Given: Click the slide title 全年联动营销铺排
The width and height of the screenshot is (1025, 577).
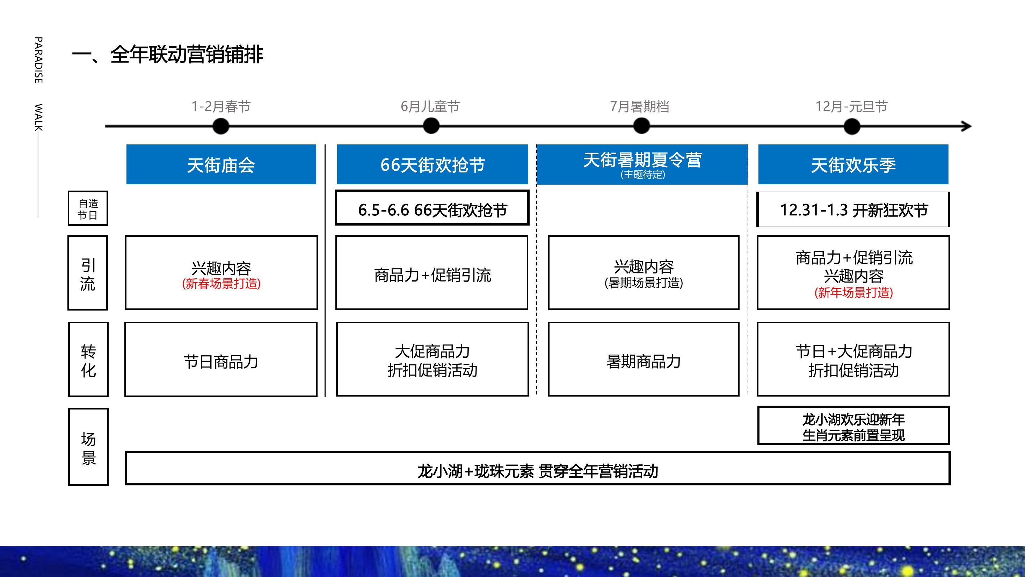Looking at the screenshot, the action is click(x=187, y=55).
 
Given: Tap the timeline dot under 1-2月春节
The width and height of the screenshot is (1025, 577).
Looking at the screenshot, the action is click(x=221, y=126).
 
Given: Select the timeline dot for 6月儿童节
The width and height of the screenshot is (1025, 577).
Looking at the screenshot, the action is click(x=431, y=126).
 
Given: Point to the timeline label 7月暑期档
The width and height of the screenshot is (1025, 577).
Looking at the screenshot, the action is click(x=639, y=106).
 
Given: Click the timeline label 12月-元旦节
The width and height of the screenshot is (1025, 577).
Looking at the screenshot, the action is click(x=851, y=106).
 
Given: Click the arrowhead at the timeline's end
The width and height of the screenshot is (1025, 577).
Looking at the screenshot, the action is click(x=967, y=126).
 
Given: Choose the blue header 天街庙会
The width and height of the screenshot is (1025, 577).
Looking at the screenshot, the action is click(x=221, y=164).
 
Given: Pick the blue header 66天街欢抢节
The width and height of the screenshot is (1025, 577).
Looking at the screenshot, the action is click(x=432, y=164).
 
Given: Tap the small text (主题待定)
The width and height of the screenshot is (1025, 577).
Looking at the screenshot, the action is click(x=642, y=174).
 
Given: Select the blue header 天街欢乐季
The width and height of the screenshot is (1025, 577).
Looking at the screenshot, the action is click(x=853, y=164).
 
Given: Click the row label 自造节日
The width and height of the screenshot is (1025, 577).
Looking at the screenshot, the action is click(x=88, y=208).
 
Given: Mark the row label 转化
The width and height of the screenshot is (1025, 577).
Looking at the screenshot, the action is click(x=88, y=359).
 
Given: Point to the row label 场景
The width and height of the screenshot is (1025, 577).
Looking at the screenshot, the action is click(x=88, y=447).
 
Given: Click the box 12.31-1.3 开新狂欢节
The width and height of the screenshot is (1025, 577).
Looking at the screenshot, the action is click(x=853, y=209).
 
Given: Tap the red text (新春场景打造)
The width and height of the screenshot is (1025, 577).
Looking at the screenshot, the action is click(x=221, y=284).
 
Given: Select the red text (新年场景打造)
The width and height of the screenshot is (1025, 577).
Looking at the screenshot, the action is click(x=853, y=293).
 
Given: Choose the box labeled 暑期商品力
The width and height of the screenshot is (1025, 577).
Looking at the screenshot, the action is click(x=644, y=359).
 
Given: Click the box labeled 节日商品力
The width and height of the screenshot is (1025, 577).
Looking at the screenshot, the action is click(x=221, y=359).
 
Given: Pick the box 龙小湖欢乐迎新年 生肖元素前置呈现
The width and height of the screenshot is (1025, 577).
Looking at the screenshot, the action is click(x=853, y=425).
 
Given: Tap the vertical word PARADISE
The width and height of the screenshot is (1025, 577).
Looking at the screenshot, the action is click(x=38, y=60).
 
